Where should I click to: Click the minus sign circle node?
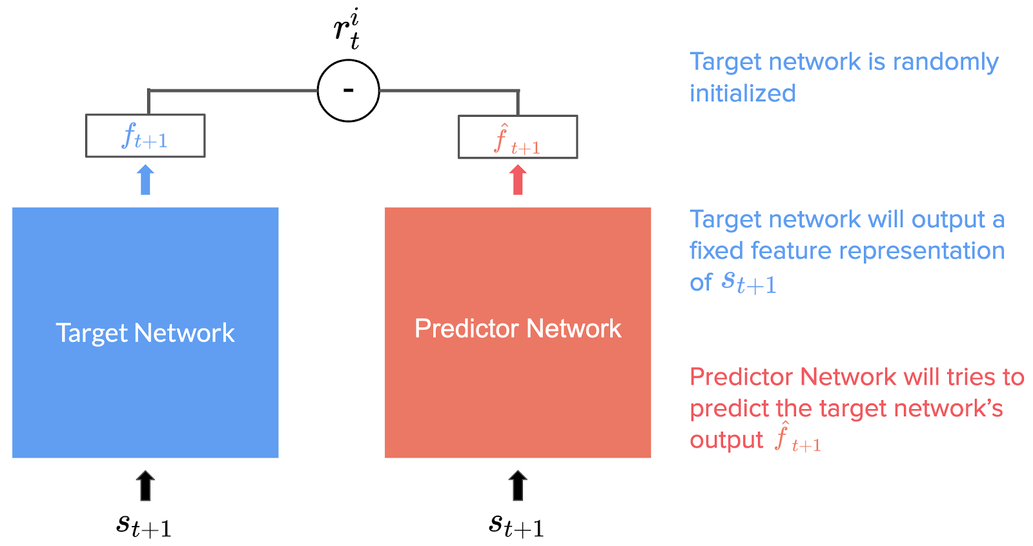(348, 90)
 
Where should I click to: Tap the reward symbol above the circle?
(347, 29)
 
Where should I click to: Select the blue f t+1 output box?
(145, 136)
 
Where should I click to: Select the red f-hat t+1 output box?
(517, 137)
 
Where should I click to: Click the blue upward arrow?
(145, 179)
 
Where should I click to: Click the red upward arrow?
(517, 179)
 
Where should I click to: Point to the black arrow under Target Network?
(145, 485)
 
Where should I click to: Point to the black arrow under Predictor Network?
(517, 485)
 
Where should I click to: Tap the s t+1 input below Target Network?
(143, 525)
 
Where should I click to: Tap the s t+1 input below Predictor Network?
(516, 525)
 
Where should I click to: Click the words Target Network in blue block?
(145, 333)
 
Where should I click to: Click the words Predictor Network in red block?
(517, 329)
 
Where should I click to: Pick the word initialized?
(742, 94)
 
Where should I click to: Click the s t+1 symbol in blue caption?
(748, 282)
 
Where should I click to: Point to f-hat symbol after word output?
(797, 439)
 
